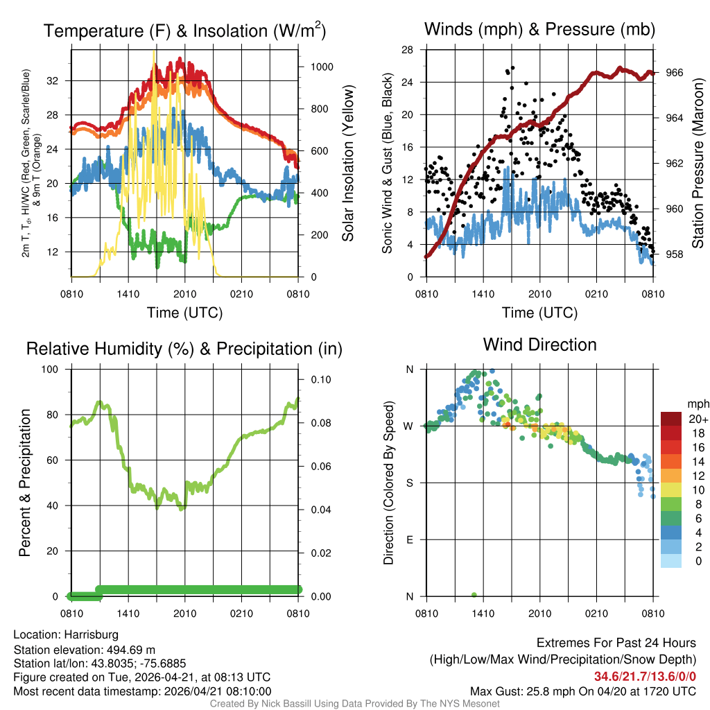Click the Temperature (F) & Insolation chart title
coord(184,31)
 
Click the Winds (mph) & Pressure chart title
coord(539,29)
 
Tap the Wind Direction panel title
coord(539,345)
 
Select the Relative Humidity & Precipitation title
coord(184,349)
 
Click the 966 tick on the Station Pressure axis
coord(673,72)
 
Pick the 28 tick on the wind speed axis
coord(408,49)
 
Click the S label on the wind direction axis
coord(409,483)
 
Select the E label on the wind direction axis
coord(409,539)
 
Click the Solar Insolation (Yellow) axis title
coord(347,164)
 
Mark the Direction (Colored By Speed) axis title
coord(388,483)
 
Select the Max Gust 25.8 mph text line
coord(582,691)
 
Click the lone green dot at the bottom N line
coord(474,595)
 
